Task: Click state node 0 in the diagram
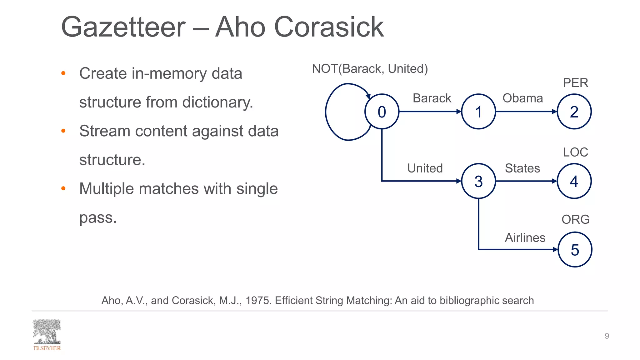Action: click(382, 112)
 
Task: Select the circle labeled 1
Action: click(478, 112)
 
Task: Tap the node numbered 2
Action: click(574, 112)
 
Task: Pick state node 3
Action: click(478, 181)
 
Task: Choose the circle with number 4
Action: click(574, 181)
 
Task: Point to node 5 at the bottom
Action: click(575, 249)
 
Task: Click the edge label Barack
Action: click(432, 98)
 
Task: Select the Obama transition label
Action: click(522, 98)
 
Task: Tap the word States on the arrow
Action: click(522, 168)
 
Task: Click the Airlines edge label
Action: click(525, 237)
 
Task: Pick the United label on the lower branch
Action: click(425, 168)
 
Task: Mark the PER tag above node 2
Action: click(575, 83)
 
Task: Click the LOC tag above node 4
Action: click(575, 152)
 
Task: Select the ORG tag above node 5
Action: click(575, 219)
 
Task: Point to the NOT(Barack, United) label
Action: click(370, 68)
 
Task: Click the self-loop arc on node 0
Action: click(326, 112)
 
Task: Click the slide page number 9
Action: click(607, 336)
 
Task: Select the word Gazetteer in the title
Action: click(123, 27)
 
